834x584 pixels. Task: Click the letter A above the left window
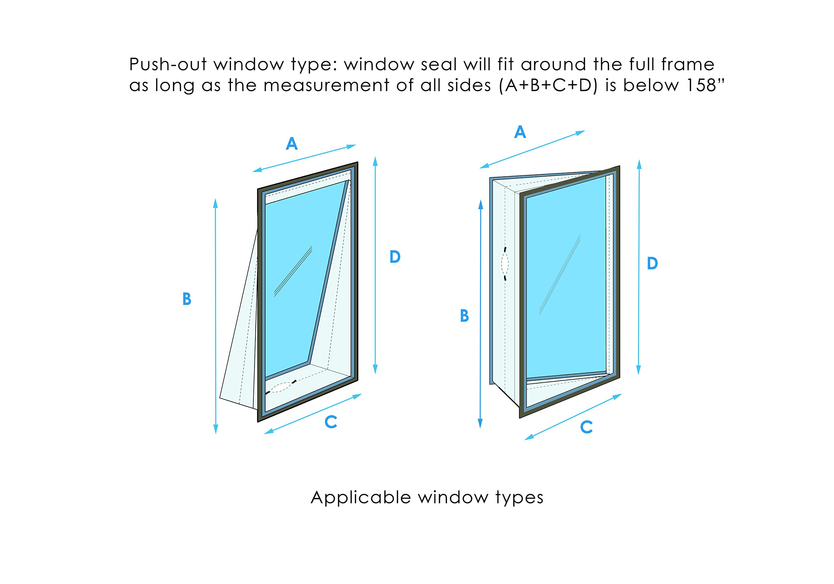292,144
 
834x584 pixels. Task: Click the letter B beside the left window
187,299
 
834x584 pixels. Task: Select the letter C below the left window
331,422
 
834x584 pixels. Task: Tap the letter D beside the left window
395,257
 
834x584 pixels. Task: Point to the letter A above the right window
520,132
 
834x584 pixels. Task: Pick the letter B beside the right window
464,316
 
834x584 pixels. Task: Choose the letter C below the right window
587,427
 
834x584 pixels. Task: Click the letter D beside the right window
653,263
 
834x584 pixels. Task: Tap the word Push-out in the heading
167,65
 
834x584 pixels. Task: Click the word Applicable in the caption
361,498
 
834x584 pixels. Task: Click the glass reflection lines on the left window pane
293,271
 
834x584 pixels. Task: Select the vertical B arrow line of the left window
216,316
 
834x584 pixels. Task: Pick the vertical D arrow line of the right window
639,267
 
